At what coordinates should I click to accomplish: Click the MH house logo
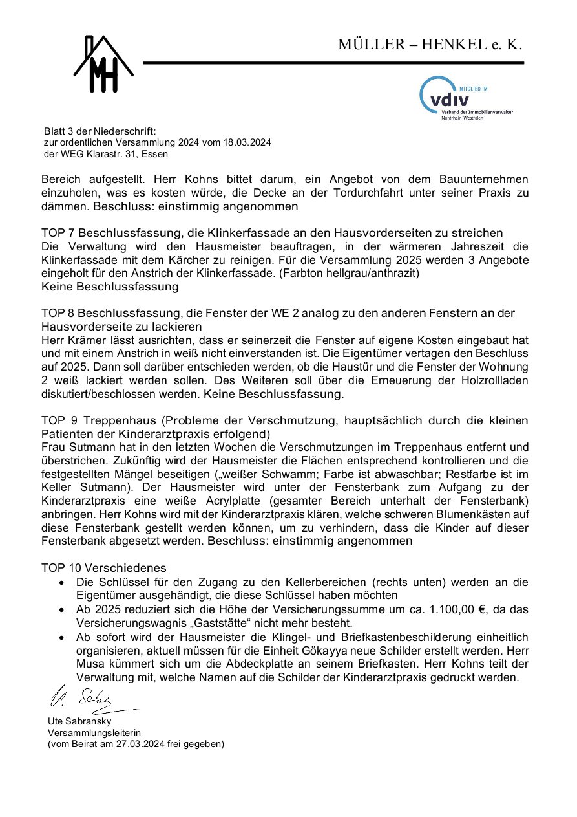(103, 64)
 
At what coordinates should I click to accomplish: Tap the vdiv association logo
(466, 98)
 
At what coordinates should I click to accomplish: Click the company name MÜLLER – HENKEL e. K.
(430, 45)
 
